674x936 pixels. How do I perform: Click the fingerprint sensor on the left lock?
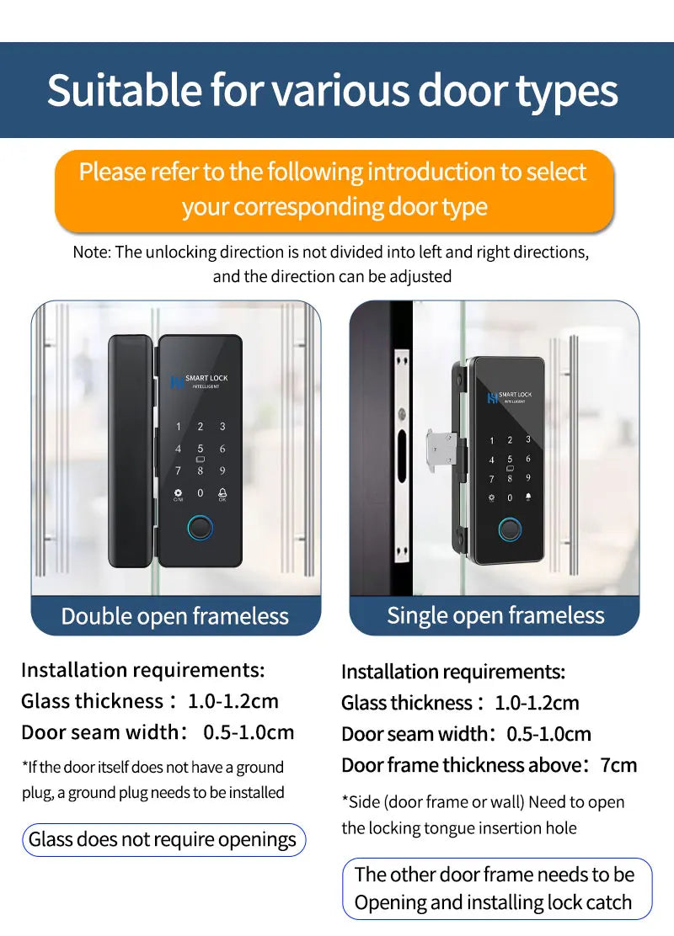click(201, 529)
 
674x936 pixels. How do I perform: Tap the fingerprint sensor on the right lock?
click(509, 530)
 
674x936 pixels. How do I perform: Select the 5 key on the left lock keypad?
click(201, 449)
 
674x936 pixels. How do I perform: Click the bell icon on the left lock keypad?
click(222, 493)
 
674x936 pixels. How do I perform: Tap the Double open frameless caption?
click(175, 616)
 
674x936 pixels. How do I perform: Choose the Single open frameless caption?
click(495, 615)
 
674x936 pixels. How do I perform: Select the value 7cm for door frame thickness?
click(618, 765)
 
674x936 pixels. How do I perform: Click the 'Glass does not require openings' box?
click(163, 839)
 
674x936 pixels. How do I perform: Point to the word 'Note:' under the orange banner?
click(91, 252)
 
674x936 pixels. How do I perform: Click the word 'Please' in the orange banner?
click(112, 172)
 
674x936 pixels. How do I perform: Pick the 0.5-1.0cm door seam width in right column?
click(548, 734)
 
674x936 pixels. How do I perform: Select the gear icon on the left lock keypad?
click(178, 494)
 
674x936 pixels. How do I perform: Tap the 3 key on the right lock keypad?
click(528, 439)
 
